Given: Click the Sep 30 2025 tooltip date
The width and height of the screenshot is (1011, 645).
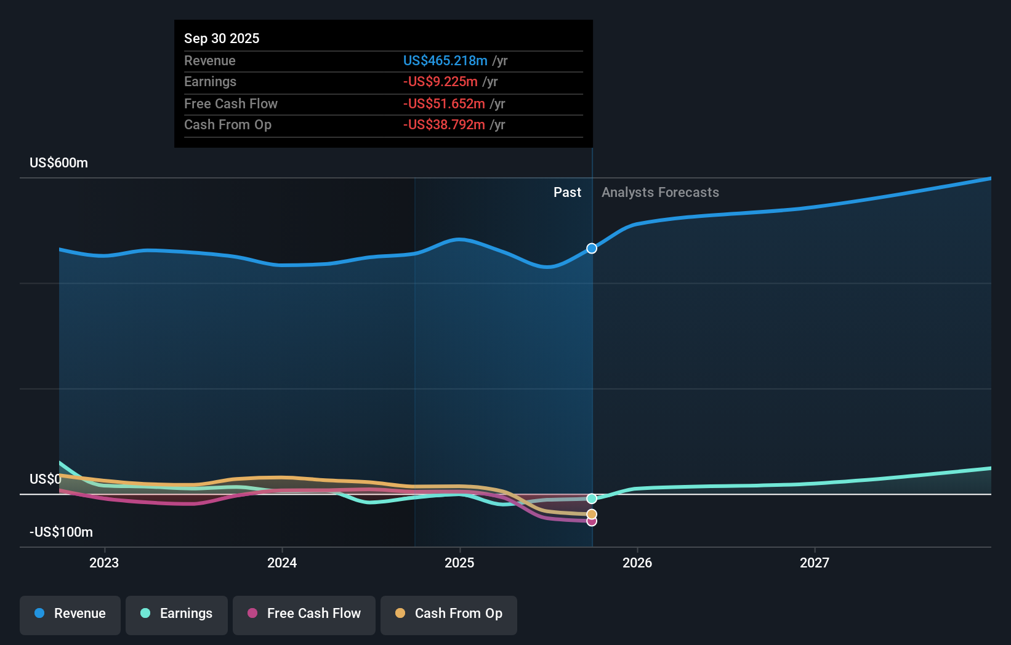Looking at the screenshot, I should click(x=222, y=38).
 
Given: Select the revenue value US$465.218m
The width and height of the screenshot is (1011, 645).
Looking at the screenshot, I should click(x=445, y=60).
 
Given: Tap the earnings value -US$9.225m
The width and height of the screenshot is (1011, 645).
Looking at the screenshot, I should click(x=440, y=81).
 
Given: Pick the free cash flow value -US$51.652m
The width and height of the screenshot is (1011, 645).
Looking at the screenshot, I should click(x=444, y=103).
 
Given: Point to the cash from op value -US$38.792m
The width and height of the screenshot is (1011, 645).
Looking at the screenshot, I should click(x=444, y=124).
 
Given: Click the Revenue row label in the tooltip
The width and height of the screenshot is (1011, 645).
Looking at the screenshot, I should click(x=209, y=60).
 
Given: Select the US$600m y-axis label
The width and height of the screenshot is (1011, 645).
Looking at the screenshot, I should click(x=58, y=162).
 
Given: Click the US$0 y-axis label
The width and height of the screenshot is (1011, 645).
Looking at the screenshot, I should click(x=45, y=479).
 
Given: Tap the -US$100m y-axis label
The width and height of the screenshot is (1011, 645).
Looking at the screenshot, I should click(x=61, y=532).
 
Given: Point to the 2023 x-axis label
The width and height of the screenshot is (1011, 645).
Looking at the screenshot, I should click(x=104, y=563).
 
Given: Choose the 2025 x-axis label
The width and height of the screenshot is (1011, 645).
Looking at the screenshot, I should click(x=459, y=563).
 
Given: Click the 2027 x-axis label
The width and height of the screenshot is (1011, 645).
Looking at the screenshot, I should click(x=814, y=563).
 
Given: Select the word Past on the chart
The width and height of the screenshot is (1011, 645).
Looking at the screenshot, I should click(x=567, y=192).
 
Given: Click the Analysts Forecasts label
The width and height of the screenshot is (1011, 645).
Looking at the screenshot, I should click(x=660, y=192).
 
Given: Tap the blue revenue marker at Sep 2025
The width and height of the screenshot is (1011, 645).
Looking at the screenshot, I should click(x=592, y=249).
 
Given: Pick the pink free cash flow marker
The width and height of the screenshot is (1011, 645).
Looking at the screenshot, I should click(x=592, y=521).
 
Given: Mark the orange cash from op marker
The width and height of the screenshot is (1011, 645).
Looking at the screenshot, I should click(x=592, y=514).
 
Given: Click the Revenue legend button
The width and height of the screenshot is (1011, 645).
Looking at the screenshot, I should click(x=70, y=614).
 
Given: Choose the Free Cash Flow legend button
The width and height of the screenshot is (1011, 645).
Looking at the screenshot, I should click(x=304, y=614).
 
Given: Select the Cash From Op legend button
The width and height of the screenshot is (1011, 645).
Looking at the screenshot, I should click(x=449, y=614).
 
